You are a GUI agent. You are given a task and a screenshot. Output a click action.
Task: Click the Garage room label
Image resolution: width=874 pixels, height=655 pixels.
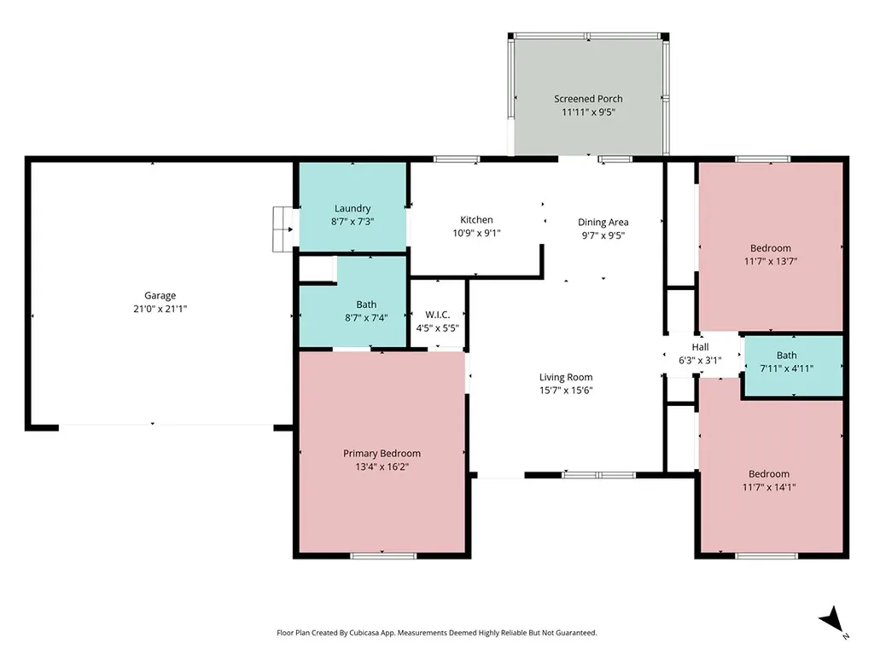coord(160,296)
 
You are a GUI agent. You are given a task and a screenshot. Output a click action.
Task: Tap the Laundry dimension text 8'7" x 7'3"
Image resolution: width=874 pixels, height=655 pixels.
coord(353,222)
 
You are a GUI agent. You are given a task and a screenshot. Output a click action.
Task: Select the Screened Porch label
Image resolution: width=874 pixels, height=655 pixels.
coord(588,99)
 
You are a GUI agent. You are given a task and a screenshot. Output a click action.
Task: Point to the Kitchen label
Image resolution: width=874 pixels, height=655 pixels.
coord(476,220)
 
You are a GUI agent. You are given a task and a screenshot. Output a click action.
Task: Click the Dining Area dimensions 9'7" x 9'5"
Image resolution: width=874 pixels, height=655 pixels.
coord(603,235)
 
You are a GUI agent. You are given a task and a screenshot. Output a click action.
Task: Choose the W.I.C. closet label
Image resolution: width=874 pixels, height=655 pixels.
coord(438,316)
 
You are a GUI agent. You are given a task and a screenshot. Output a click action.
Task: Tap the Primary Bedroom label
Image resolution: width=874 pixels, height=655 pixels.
coord(382,454)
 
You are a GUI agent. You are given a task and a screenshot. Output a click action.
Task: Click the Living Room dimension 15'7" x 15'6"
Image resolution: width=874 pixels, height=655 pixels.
coord(566,391)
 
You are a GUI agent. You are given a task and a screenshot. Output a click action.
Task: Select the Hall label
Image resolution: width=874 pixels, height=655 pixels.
coord(700,347)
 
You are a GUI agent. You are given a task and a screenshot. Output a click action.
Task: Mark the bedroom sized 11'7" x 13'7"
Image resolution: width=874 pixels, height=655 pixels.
coord(771,246)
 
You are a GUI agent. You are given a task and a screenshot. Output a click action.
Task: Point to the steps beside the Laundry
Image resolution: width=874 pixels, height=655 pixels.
coord(283,229)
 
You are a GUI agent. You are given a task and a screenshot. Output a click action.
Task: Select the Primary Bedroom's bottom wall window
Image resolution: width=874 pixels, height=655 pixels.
coord(383,555)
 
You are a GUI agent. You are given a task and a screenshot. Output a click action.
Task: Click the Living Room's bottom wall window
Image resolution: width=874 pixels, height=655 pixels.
coord(598,475)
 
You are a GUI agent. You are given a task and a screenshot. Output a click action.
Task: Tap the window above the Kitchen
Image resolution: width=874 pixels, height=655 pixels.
coord(457,159)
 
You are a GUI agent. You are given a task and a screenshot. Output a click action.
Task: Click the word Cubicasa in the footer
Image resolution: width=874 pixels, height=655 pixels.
coord(367,633)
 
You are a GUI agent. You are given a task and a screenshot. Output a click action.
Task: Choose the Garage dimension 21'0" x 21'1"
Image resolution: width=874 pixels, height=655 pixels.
coord(160,309)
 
